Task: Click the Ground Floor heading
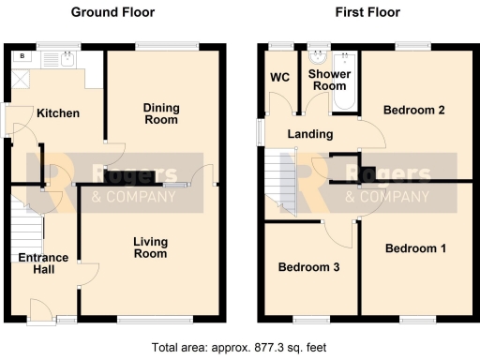pyautogui.click(x=113, y=12)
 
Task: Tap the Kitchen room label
pyautogui.click(x=57, y=114)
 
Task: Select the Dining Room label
pyautogui.click(x=160, y=113)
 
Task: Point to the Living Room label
pyautogui.click(x=149, y=247)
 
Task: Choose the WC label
pyautogui.click(x=279, y=77)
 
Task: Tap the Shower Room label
pyautogui.click(x=329, y=80)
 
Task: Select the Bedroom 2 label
pyautogui.click(x=413, y=111)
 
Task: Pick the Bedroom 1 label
pyautogui.click(x=414, y=248)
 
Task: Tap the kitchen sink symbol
pyautogui.click(x=67, y=61)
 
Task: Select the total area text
pyautogui.click(x=239, y=347)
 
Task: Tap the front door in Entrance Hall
pyautogui.click(x=42, y=311)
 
